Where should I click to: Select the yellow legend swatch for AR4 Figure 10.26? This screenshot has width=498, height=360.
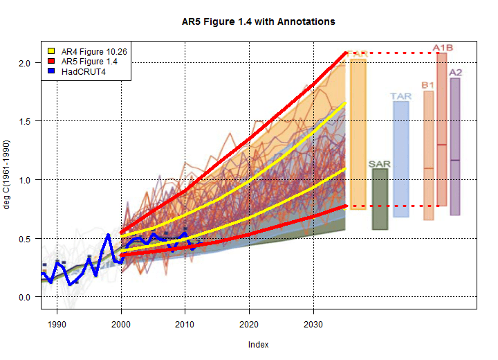point(50,52)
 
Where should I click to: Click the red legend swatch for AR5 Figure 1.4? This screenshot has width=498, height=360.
point(50,62)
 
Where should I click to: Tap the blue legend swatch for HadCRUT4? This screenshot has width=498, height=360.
point(50,71)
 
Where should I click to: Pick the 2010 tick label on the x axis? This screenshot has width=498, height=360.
point(185,323)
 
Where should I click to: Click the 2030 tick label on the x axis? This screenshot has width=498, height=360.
point(313,323)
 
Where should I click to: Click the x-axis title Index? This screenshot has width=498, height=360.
point(259,344)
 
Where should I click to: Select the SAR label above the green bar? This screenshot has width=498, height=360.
point(380,164)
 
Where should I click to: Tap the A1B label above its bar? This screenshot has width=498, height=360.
point(443,48)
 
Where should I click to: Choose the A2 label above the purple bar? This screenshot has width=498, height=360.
point(456,73)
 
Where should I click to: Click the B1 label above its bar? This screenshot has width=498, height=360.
point(428,85)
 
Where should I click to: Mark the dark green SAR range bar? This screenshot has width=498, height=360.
point(380,199)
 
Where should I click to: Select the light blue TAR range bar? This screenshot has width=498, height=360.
point(401,159)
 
